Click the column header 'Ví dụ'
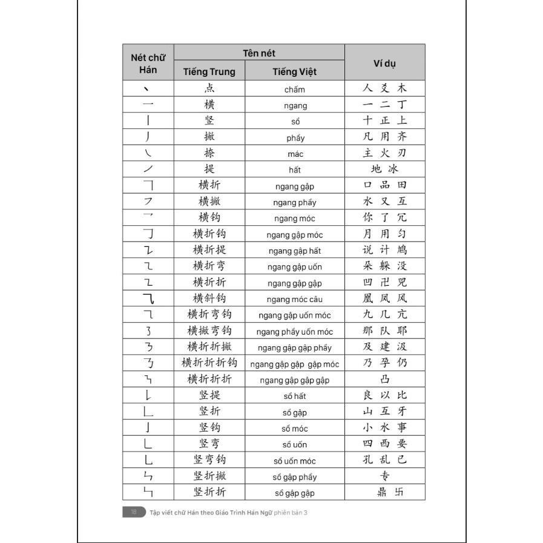pyautogui.click(x=384, y=62)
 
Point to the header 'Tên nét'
pyautogui.click(x=259, y=53)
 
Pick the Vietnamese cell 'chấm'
pyautogui.click(x=295, y=90)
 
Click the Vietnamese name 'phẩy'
pyautogui.click(x=295, y=138)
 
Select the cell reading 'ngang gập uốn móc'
pyautogui.click(x=295, y=315)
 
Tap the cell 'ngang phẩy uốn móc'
pyautogui.click(x=295, y=332)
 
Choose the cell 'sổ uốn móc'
pyautogui.click(x=295, y=461)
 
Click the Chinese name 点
pyautogui.click(x=209, y=88)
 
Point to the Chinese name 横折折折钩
pyautogui.click(x=209, y=363)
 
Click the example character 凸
pyautogui.click(x=385, y=380)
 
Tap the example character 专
pyautogui.click(x=385, y=476)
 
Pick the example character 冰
pyautogui.click(x=393, y=169)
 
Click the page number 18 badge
pyautogui.click(x=133, y=512)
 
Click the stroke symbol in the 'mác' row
pyautogui.click(x=148, y=153)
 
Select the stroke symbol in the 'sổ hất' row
pyautogui.click(x=148, y=396)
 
